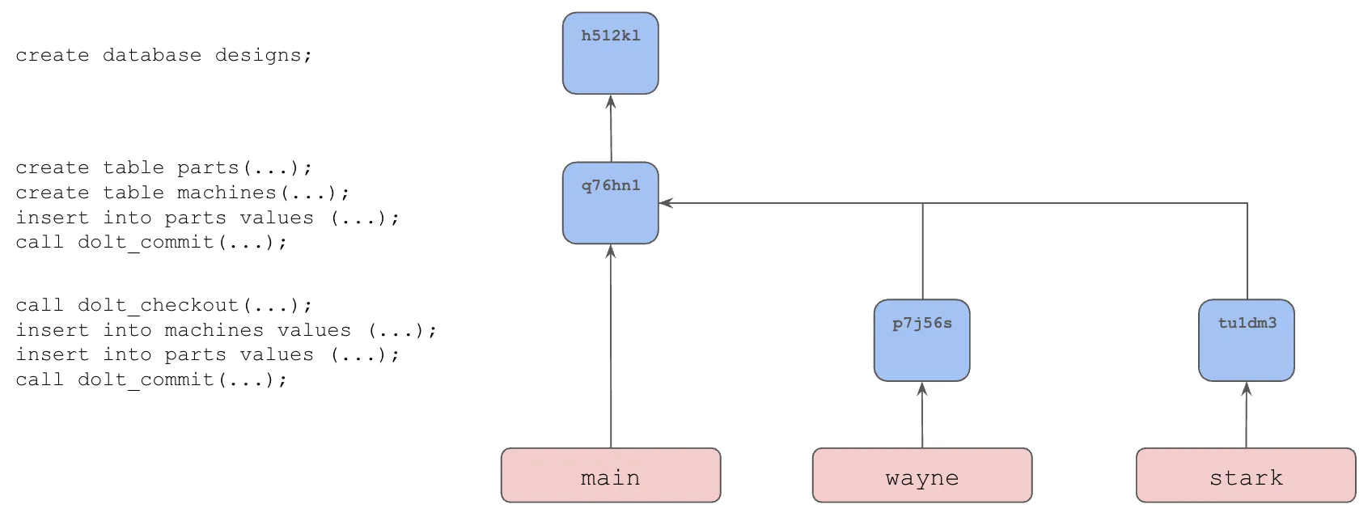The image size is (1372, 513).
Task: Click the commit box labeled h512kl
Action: click(x=610, y=53)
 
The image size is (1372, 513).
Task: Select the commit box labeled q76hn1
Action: click(x=610, y=203)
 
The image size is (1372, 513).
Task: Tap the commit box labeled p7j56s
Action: click(x=921, y=341)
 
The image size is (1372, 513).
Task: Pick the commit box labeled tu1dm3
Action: click(x=1246, y=341)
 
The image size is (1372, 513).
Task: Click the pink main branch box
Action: click(x=610, y=476)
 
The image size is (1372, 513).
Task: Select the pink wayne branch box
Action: click(x=921, y=476)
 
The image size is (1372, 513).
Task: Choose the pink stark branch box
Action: click(x=1246, y=476)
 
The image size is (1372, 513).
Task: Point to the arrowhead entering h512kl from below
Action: click(x=611, y=102)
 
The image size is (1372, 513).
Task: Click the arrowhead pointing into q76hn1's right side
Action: click(x=666, y=203)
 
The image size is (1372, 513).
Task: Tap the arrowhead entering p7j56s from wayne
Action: click(x=921, y=389)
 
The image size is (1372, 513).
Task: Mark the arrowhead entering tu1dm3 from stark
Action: click(x=1246, y=389)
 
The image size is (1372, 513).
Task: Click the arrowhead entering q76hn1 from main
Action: click(x=611, y=252)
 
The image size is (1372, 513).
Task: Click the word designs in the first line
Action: click(x=262, y=55)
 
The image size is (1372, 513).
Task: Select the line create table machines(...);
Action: click(x=182, y=193)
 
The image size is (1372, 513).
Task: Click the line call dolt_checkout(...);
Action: click(x=163, y=305)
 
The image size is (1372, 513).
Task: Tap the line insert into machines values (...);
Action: click(x=226, y=330)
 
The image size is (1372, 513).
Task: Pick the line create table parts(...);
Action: click(x=163, y=167)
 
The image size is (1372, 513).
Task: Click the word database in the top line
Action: click(x=151, y=55)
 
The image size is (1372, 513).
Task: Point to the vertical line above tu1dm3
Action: click(x=1247, y=251)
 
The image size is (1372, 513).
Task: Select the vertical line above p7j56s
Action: click(x=922, y=251)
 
